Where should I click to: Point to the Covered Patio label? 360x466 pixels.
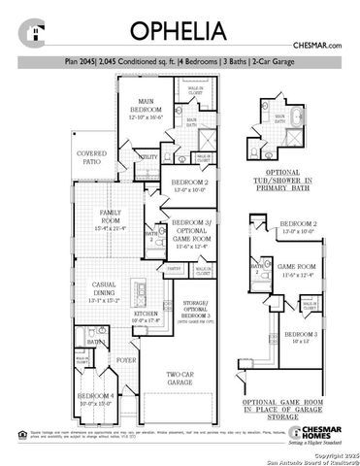[x=92, y=157]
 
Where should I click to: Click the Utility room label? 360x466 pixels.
[x=148, y=156]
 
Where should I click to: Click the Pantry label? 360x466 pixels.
[x=174, y=268]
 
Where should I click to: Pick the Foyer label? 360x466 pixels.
[x=127, y=360]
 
